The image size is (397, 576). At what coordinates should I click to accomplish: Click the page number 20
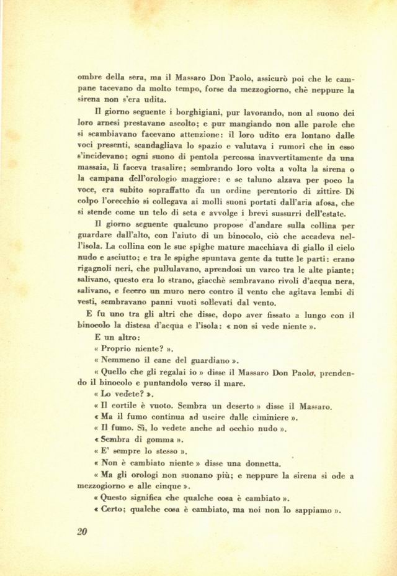pos(81,531)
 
